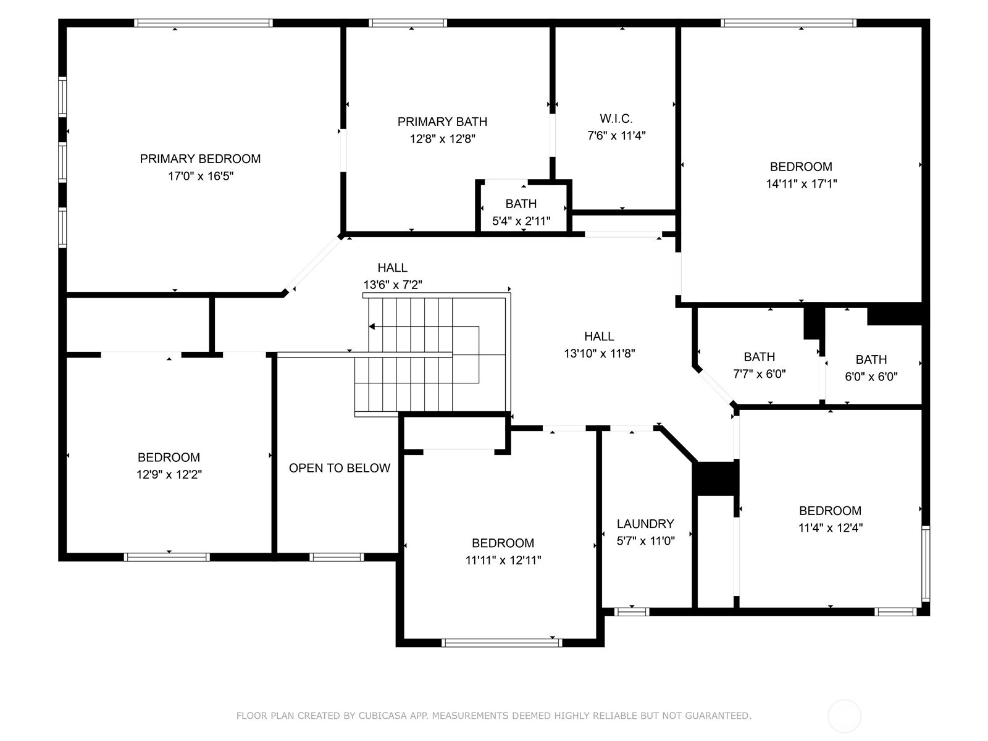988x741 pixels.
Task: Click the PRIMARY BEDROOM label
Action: click(x=200, y=159)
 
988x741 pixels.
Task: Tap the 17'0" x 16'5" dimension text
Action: click(x=201, y=176)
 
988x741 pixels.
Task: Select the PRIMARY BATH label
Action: click(x=442, y=122)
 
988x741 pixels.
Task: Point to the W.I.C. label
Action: click(x=616, y=119)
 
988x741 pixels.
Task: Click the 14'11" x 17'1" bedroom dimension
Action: click(x=801, y=183)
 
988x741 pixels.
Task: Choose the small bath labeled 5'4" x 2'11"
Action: click(x=521, y=221)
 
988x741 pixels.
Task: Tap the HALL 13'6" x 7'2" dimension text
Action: click(x=393, y=285)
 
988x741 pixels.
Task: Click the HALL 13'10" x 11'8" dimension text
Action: click(x=599, y=354)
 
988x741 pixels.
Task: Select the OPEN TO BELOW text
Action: click(x=340, y=468)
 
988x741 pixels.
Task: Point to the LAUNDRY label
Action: click(x=645, y=524)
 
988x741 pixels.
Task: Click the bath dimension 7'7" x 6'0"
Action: click(x=760, y=374)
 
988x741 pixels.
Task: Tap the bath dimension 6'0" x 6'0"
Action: click(x=871, y=377)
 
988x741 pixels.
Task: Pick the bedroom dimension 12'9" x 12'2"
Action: click(x=169, y=474)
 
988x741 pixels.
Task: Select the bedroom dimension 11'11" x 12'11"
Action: click(x=503, y=560)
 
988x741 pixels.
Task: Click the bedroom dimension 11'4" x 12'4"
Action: click(x=830, y=528)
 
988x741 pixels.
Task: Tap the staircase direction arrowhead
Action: click(x=372, y=326)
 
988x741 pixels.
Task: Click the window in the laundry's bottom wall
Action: click(x=631, y=612)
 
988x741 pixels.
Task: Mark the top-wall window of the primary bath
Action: click(x=408, y=23)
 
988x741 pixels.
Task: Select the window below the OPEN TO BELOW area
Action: click(x=337, y=557)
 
